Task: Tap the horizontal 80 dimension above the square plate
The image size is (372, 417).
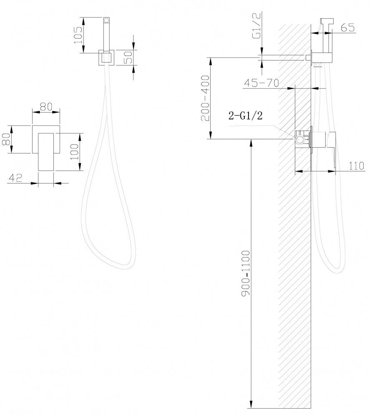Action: coord(46,106)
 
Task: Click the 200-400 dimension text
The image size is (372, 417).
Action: coord(205,98)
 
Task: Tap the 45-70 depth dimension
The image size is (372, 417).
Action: coord(261,83)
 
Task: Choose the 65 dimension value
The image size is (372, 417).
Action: coord(347,28)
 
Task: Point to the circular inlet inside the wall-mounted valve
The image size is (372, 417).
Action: coord(300,139)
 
